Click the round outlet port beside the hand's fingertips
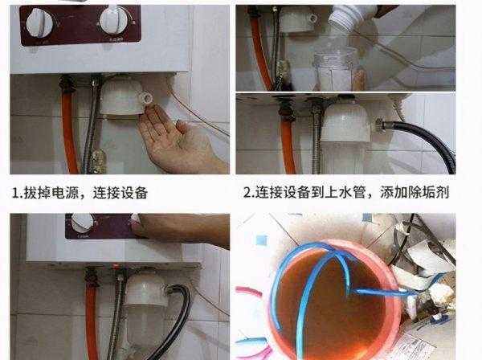(x=148, y=99)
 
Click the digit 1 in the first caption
(x=15, y=194)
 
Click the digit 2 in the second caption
(x=247, y=194)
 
